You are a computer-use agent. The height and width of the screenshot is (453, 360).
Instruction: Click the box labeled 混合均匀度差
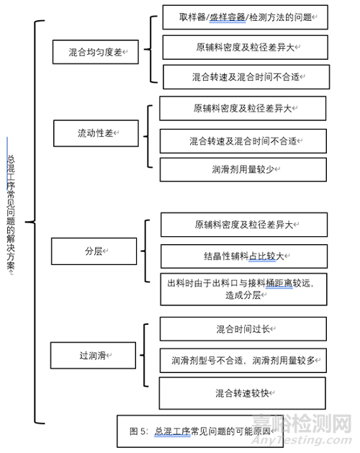click(96, 52)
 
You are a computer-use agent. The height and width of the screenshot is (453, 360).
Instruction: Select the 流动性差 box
click(96, 133)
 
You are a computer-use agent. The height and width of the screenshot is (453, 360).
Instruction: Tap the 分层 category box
click(94, 251)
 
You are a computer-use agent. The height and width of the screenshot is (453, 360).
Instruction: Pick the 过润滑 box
click(93, 355)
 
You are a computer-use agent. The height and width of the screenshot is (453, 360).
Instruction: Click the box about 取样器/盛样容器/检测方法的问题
click(246, 17)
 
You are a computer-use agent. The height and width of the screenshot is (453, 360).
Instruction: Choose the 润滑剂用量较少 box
click(243, 169)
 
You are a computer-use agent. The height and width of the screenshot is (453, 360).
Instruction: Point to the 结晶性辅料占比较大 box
click(244, 256)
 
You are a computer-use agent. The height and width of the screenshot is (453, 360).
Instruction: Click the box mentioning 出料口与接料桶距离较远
click(244, 290)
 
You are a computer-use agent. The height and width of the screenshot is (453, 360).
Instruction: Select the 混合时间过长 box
click(243, 329)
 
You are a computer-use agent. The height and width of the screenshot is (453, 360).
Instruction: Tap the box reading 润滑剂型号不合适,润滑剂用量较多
click(243, 361)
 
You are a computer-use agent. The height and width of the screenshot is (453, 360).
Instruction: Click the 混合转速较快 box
click(243, 393)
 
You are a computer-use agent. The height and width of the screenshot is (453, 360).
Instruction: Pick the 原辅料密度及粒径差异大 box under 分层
click(244, 225)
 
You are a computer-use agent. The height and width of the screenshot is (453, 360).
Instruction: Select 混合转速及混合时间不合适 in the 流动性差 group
click(243, 141)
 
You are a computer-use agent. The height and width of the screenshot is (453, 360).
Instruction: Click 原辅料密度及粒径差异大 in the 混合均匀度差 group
click(246, 48)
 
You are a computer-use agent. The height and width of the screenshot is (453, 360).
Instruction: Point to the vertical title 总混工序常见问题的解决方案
click(11, 215)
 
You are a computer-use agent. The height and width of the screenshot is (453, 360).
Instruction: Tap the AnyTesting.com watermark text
click(302, 440)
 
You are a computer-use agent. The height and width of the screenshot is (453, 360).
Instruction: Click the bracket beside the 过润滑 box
click(144, 355)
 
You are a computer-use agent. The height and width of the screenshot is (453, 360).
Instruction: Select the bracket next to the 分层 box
click(145, 251)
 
